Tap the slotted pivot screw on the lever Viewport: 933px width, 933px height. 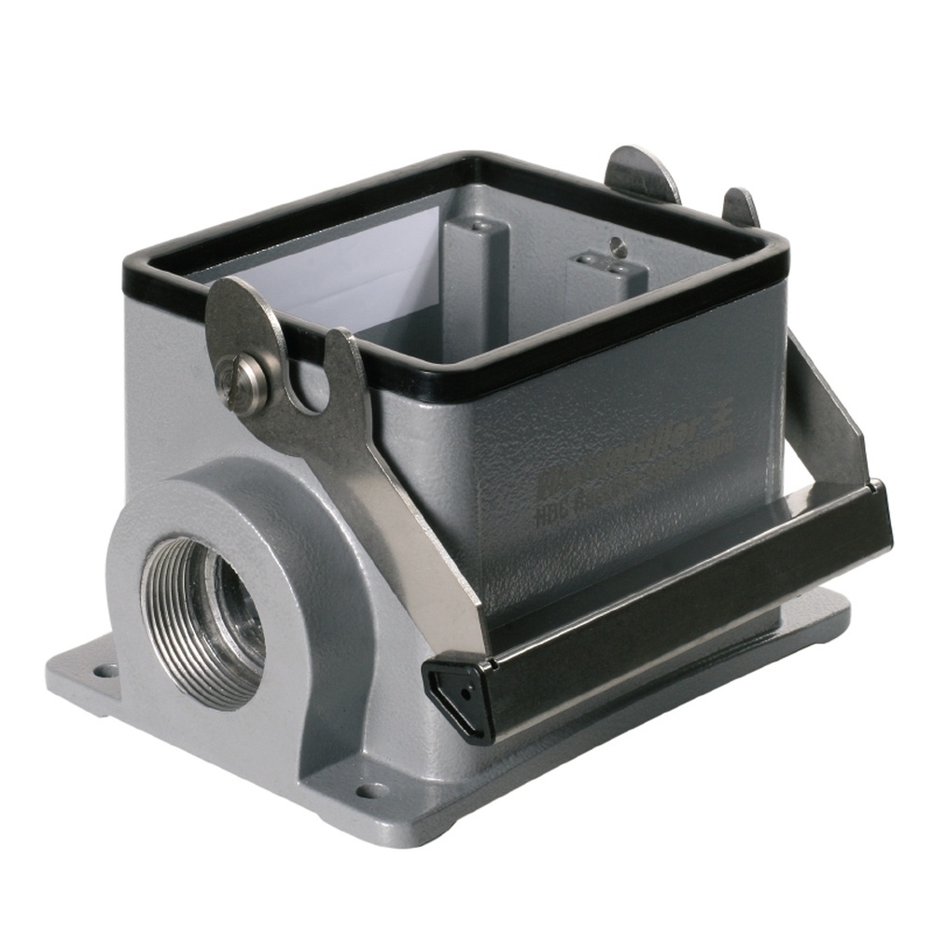(x=241, y=382)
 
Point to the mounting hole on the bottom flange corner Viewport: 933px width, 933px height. (x=371, y=790)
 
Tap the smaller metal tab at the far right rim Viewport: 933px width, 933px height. (x=741, y=207)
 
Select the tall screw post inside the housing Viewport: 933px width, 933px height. (x=475, y=271)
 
